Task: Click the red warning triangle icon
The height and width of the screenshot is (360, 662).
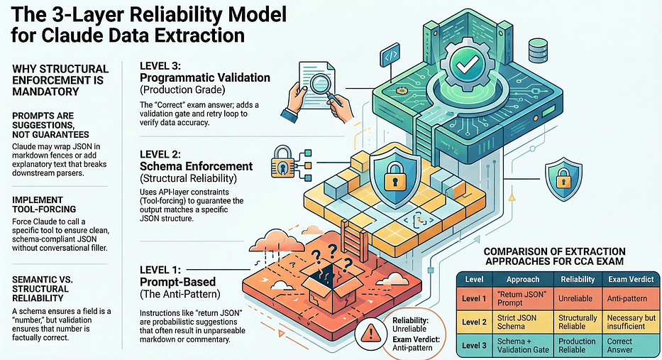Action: [x=370, y=334]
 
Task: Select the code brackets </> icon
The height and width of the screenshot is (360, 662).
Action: [x=390, y=56]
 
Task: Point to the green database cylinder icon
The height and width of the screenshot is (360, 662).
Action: [x=537, y=50]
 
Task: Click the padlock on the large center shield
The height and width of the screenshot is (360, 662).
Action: [x=395, y=178]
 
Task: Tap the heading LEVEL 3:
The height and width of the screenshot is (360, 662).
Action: [x=160, y=66]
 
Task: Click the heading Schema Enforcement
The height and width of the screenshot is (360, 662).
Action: [x=197, y=166]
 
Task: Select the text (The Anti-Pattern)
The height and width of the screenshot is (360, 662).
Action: [x=180, y=294]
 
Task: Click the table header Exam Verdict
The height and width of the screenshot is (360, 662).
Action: [x=631, y=279]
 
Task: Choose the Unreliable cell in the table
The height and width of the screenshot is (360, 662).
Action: [x=575, y=298]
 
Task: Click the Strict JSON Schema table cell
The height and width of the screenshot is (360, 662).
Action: [x=517, y=322]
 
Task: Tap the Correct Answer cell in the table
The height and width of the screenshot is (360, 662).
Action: [x=619, y=345]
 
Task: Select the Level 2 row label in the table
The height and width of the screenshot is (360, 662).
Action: [x=474, y=322]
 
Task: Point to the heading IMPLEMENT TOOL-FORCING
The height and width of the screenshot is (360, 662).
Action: [x=44, y=204]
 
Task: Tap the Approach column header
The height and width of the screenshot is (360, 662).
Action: [x=523, y=279]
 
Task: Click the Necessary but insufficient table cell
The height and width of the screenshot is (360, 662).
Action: [x=631, y=322]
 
